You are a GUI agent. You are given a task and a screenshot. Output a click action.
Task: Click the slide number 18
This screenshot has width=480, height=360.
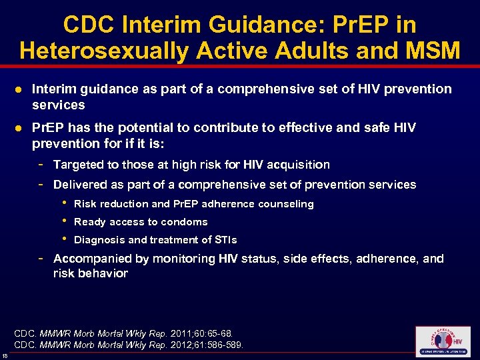tap(5, 355)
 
